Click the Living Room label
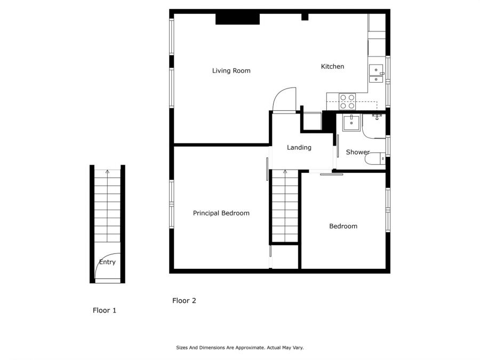[231, 70]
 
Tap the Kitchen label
[332, 67]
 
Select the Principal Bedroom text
[221, 213]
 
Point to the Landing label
[299, 148]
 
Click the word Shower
[357, 153]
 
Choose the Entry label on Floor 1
[107, 262]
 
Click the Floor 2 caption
[184, 301]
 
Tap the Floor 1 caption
[105, 310]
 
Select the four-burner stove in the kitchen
[348, 101]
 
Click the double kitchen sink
[377, 74]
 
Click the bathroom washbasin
[351, 122]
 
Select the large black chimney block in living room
[237, 19]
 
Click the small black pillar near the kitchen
[305, 17]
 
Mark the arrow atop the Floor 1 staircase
[108, 172]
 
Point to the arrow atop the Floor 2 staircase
[285, 172]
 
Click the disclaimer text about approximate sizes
[239, 348]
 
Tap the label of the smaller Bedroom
[343, 226]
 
